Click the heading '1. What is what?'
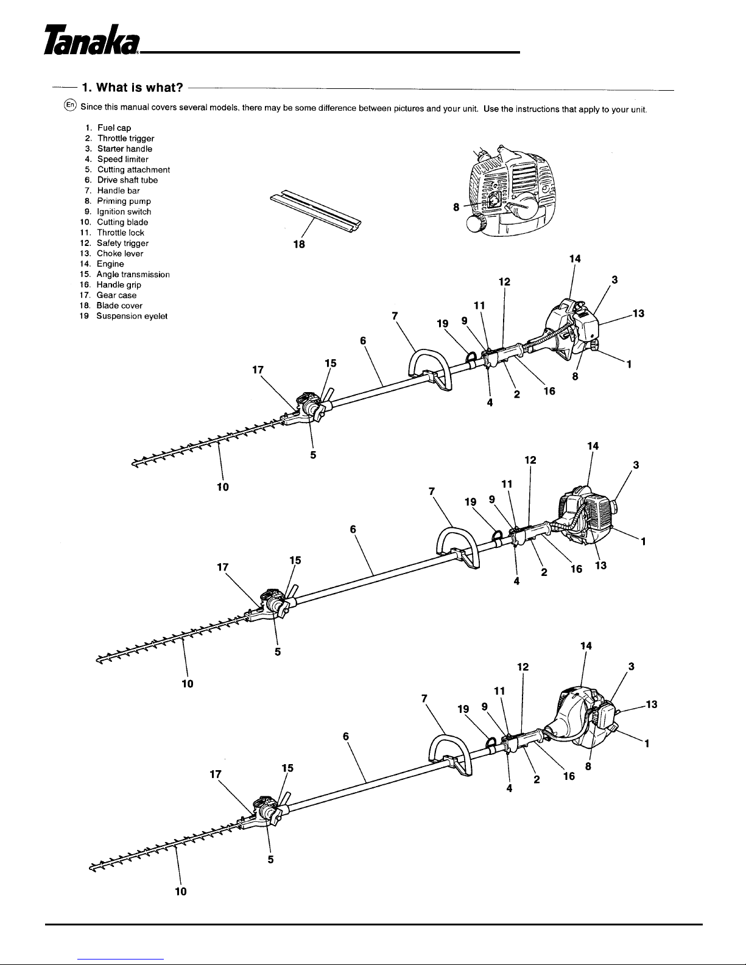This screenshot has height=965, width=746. coord(132,88)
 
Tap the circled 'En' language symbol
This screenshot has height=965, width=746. coord(70,105)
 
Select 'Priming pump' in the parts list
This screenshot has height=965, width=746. coord(124,201)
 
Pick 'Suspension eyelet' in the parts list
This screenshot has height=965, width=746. coord(132,316)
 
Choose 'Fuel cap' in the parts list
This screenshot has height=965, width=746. coord(114,128)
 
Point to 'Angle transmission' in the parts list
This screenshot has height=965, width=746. coord(133,275)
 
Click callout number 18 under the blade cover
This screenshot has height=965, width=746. coord(299,244)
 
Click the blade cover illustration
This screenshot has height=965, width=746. coord(315,211)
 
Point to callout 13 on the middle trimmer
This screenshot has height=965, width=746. coord(600,566)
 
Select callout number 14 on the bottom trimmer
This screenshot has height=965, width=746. coord(586,646)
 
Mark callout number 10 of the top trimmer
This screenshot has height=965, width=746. coord(223,487)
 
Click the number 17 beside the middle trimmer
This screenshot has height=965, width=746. coord(222,567)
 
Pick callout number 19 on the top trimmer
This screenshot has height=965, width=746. coord(442,323)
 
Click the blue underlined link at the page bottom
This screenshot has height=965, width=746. coord(121,960)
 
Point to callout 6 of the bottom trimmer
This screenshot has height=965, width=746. coord(346,736)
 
